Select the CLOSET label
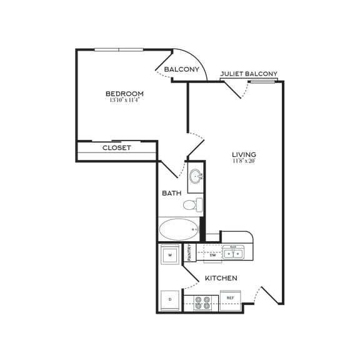click(117, 148)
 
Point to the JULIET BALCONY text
click(249, 74)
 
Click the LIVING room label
click(244, 154)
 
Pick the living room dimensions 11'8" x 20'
click(244, 161)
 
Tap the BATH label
click(172, 193)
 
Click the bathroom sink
click(196, 176)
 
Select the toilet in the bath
click(192, 204)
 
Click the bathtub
click(178, 229)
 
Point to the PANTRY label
click(190, 252)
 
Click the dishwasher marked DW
click(212, 255)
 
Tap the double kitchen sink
click(234, 253)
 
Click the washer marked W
click(169, 255)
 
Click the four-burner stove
click(203, 302)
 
